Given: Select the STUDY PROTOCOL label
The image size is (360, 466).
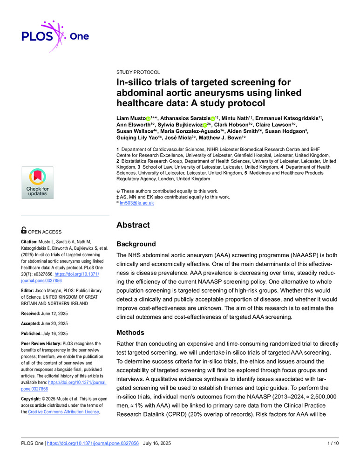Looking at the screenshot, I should point(138,72).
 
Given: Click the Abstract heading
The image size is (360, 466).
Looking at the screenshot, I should point(133,225).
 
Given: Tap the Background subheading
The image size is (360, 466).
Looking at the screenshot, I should point(136,244).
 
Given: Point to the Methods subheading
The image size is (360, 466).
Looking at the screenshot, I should point(130,333).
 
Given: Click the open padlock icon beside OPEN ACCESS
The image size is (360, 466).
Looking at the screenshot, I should point(24,230).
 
